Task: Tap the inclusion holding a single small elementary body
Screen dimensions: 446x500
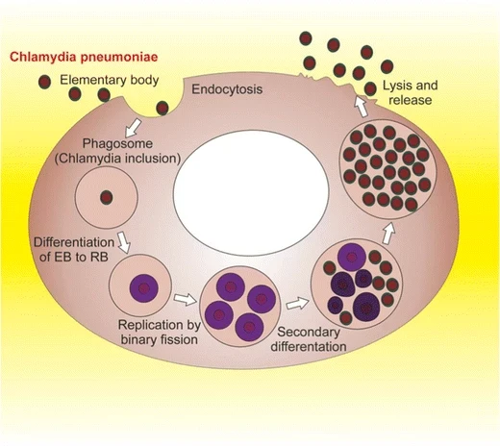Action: coord(106,197)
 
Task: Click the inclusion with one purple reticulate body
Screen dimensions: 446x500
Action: coord(140,285)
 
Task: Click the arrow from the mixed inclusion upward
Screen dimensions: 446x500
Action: coord(389,232)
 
